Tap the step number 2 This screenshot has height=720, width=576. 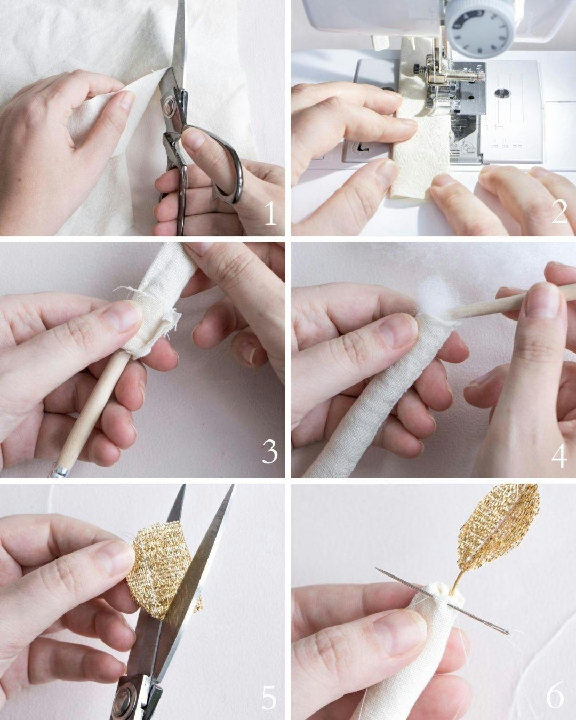559,212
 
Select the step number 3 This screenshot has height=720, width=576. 270,452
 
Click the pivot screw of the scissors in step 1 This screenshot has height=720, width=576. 169,104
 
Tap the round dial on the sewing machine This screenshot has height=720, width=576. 481,28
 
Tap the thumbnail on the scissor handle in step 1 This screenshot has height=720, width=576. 194,138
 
